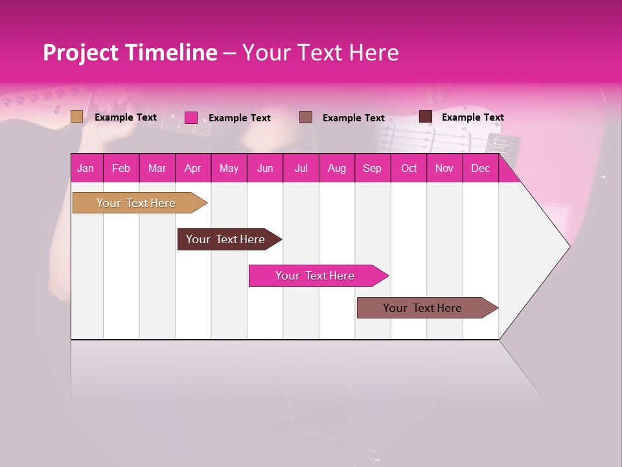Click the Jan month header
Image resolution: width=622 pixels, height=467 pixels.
click(86, 168)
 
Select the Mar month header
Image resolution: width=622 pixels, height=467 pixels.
click(157, 168)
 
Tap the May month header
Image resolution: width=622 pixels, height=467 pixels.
click(229, 168)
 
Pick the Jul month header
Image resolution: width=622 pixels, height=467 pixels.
click(301, 168)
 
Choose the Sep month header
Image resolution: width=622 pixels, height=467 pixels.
click(372, 168)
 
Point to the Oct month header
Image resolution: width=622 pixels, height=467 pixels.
click(409, 168)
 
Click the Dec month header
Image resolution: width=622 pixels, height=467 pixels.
click(480, 168)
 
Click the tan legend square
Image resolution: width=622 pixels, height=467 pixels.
click(76, 117)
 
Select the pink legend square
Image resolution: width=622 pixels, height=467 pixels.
click(191, 117)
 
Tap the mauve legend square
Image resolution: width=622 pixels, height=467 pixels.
click(306, 117)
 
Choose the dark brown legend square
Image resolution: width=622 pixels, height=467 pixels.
click(426, 117)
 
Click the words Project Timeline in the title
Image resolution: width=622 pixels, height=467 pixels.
click(130, 53)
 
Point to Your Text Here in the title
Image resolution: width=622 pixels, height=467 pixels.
click(320, 53)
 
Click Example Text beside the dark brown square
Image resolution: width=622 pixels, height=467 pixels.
click(472, 117)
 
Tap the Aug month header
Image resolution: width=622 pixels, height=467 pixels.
click(336, 168)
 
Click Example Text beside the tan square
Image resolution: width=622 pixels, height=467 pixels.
click(125, 117)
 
